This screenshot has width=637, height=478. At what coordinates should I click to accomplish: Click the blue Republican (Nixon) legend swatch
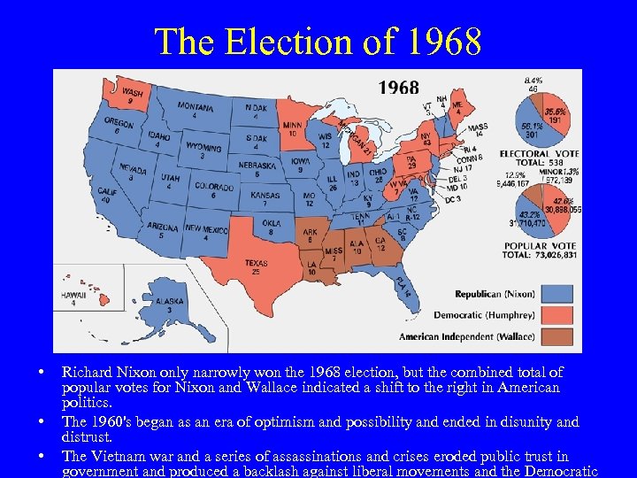[557, 294]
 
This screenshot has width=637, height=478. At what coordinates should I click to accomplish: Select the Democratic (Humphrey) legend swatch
[557, 315]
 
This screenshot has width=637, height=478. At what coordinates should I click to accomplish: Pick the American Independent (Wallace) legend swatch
[557, 336]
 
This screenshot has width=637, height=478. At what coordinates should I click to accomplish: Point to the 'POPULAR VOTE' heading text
[540, 245]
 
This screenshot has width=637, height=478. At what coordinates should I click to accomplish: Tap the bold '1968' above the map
[399, 88]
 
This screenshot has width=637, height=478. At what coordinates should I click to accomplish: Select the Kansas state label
[265, 198]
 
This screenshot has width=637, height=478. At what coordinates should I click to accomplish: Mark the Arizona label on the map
[162, 231]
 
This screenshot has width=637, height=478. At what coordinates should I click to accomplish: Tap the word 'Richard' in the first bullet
[86, 373]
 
